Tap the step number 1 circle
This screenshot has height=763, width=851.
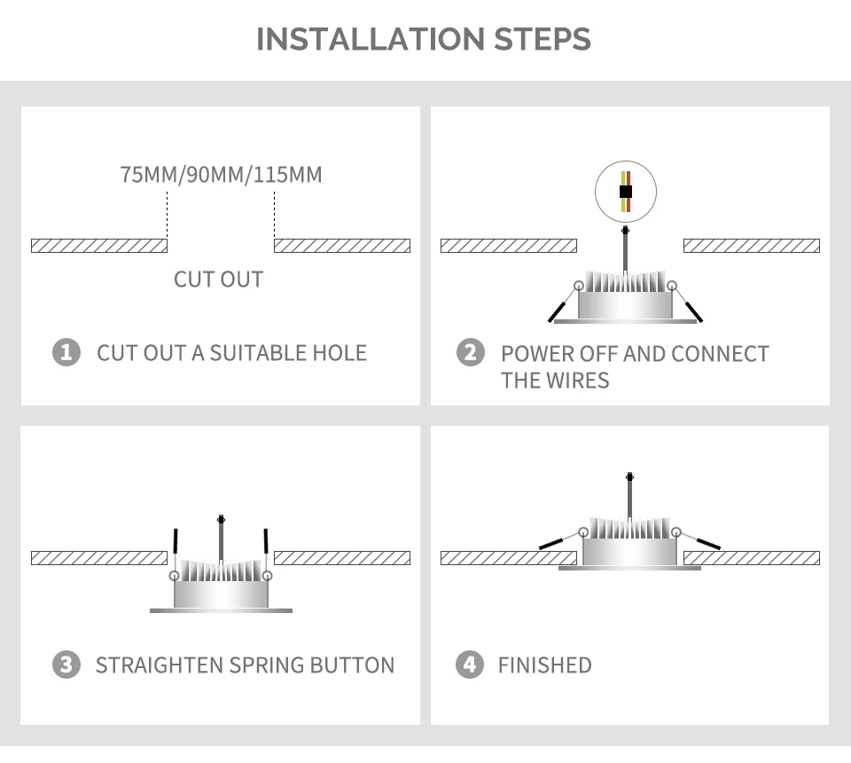pyautogui.click(x=66, y=352)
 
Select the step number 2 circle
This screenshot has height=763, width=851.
pyautogui.click(x=471, y=352)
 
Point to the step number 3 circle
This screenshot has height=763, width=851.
pyautogui.click(x=66, y=665)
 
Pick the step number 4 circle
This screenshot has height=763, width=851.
pyautogui.click(x=471, y=665)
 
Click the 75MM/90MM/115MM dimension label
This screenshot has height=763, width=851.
pyautogui.click(x=221, y=174)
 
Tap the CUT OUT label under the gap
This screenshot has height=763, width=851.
pyautogui.click(x=219, y=279)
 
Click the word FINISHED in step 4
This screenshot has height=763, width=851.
pyautogui.click(x=544, y=665)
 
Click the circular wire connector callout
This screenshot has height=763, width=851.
pyautogui.click(x=626, y=191)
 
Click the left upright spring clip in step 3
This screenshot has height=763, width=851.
pyautogui.click(x=176, y=543)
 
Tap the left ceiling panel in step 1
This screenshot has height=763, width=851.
pyautogui.click(x=98, y=246)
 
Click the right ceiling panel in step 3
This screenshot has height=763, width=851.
pyautogui.click(x=342, y=558)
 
